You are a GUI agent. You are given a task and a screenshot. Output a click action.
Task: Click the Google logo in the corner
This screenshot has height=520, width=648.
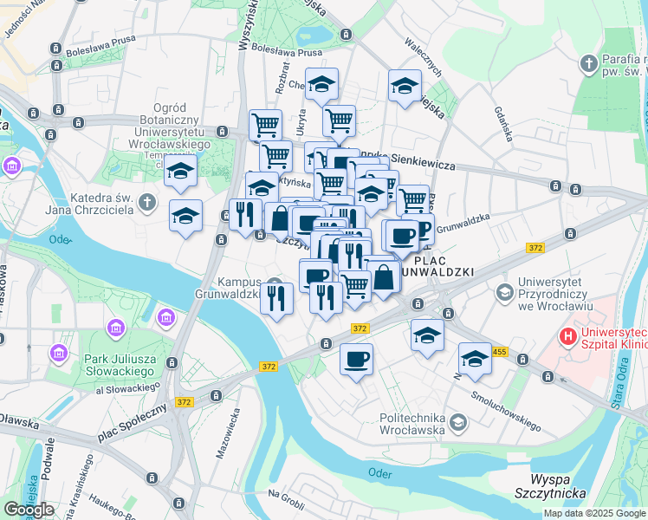(x=29, y=510)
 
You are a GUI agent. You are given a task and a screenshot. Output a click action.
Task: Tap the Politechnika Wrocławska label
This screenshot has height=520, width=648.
(x=412, y=424)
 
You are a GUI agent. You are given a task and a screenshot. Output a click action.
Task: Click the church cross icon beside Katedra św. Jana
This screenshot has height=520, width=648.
(x=148, y=203)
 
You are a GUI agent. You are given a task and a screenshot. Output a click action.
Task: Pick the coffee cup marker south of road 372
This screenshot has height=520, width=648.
(x=356, y=359)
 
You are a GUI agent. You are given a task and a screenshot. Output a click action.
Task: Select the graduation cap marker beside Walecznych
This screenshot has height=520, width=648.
(x=404, y=86)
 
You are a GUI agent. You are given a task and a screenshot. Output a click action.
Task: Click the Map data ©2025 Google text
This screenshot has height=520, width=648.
(x=593, y=513)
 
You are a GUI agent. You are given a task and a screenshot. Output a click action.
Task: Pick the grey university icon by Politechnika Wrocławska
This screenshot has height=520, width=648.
(x=457, y=423)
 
